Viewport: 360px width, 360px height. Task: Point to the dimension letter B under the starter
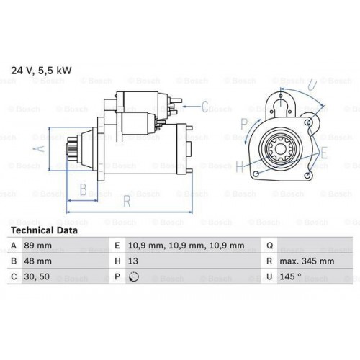tap(83, 190)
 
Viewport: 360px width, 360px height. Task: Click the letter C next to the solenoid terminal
tap(204, 108)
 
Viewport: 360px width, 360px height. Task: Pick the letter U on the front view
tap(311, 85)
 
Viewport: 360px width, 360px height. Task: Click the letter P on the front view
tap(244, 123)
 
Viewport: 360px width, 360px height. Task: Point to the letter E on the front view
tap(325, 152)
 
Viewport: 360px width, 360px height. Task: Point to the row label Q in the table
tap(269, 246)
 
